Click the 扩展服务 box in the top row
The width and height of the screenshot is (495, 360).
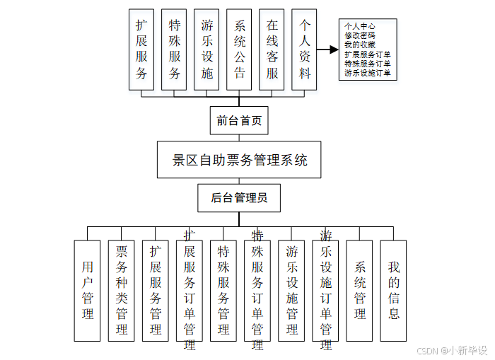141,49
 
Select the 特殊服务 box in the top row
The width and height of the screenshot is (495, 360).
174,49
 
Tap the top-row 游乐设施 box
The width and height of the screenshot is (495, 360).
206,49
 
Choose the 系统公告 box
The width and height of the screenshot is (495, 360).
239,49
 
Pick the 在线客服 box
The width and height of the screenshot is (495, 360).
272,49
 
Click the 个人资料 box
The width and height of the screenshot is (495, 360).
304,49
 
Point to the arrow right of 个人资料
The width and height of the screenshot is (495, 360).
327,50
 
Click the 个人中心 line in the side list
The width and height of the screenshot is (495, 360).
360,26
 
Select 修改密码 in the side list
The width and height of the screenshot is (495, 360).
360,35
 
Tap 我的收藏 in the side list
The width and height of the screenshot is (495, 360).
360,45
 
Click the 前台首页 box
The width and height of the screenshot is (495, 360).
239,120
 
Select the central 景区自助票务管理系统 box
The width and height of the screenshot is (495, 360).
240,159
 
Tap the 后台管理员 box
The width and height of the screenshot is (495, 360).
239,198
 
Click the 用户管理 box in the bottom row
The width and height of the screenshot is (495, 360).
87,290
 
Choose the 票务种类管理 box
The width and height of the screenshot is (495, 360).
121,290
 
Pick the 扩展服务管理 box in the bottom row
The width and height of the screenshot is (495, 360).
155,290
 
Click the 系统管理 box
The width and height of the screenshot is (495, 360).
359,290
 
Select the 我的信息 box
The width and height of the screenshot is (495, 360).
393,290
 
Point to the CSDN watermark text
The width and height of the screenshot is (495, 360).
452,350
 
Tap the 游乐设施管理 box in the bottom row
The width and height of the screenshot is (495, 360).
291,290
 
